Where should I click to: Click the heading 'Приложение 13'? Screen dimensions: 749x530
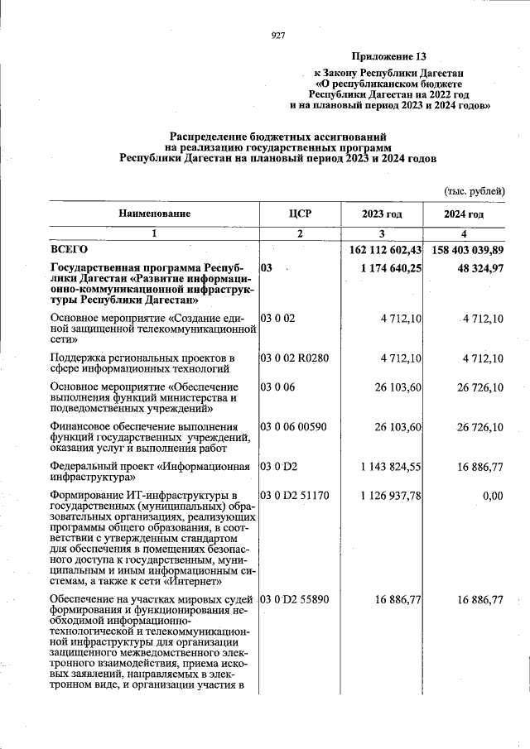coord(388,57)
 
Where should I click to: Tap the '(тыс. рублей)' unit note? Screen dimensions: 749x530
coord(475,190)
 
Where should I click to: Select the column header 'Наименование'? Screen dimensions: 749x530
coord(154,214)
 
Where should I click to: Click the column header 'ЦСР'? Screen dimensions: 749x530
coord(299,214)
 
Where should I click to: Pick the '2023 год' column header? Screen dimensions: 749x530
coord(382,214)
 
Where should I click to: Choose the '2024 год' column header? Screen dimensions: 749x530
coord(464,214)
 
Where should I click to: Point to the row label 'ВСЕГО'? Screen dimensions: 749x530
coord(70,248)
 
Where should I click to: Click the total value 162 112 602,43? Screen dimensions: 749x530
coord(382,249)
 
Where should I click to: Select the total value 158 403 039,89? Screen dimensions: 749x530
coord(465,249)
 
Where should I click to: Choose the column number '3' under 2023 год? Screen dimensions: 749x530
coord(382,233)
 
